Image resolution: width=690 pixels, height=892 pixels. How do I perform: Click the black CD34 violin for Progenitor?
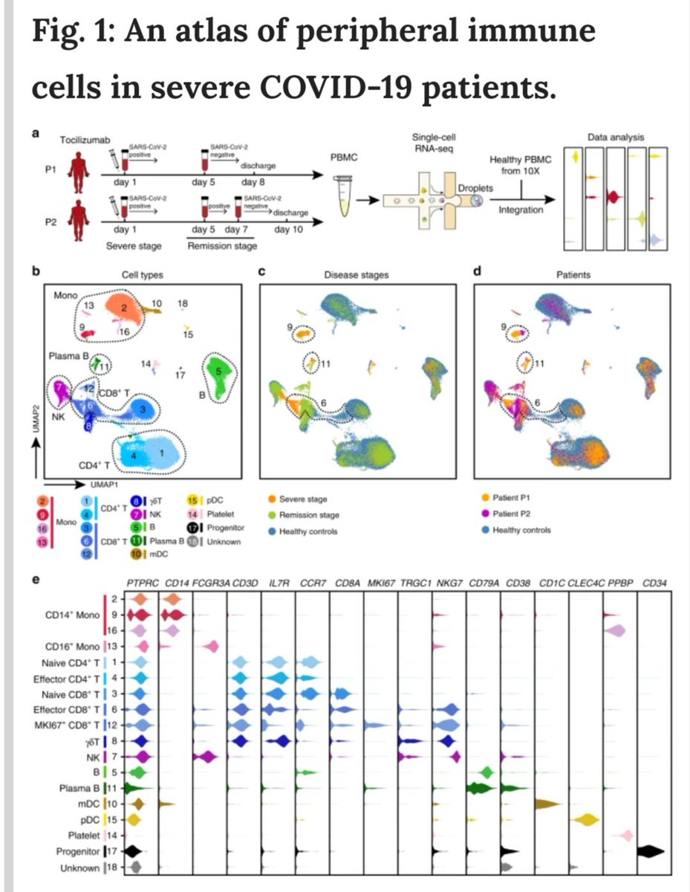point(654,850)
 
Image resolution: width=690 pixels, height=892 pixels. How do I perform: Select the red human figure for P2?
point(77,217)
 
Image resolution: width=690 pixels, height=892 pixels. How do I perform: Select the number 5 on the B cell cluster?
point(217,369)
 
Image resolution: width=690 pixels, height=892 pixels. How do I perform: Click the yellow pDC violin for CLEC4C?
point(588,820)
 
